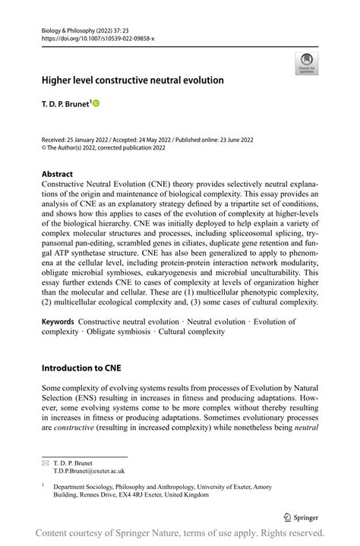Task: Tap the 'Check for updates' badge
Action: tap(308, 63)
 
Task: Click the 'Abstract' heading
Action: tap(57, 174)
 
